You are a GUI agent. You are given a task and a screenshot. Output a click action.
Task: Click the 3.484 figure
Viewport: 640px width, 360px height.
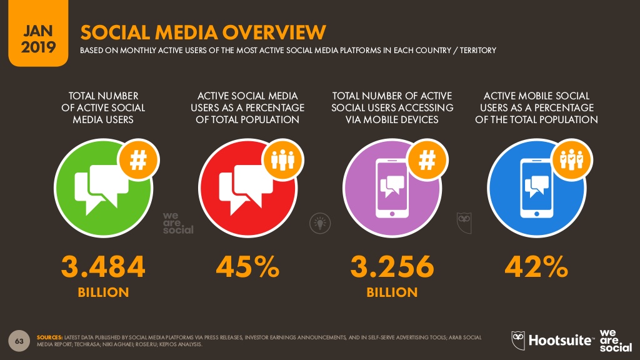coord(103,267)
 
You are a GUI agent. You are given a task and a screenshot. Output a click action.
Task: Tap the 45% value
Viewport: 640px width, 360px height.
coord(247,267)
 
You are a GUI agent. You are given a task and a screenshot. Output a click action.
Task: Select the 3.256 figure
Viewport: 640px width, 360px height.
coord(392,267)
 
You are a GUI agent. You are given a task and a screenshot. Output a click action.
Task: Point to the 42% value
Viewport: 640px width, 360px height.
coord(536,267)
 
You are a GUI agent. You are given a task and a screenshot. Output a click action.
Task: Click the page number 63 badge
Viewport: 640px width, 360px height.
coord(19,341)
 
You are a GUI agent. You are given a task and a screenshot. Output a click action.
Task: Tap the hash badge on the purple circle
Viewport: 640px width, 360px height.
coord(427,161)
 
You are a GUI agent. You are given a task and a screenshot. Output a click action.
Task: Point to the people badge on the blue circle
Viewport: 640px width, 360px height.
coord(571,161)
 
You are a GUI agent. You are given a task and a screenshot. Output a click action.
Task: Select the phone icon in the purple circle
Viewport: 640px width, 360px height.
coord(391,187)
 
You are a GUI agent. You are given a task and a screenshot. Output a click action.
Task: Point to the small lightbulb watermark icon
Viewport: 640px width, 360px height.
coord(318,222)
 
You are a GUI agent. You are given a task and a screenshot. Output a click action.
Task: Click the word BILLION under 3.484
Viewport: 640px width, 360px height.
coord(103,292)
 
